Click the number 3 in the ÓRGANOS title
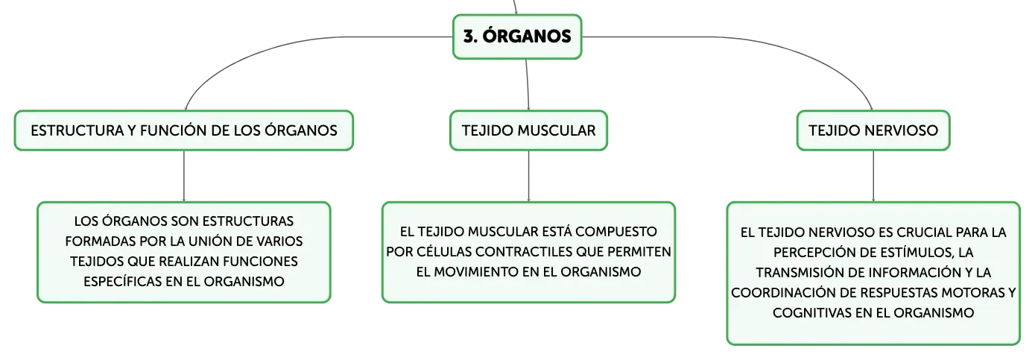469,37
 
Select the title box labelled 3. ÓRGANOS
517,37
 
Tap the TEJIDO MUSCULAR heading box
528,130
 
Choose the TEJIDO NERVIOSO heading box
873,130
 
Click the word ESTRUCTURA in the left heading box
77,130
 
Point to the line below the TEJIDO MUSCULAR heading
528,176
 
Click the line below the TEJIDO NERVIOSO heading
873,176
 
